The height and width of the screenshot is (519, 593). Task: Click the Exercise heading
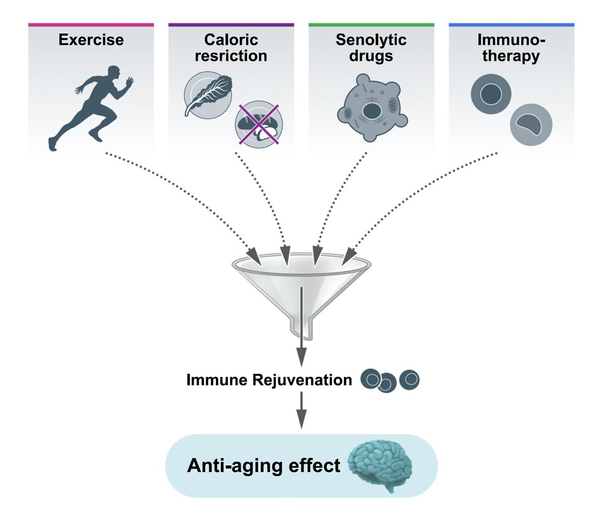(91, 40)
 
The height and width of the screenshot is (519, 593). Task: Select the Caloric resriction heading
(231, 47)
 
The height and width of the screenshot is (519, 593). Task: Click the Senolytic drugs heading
(371, 47)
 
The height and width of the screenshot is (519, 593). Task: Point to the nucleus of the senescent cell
(371, 111)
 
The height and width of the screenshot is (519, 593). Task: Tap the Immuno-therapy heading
(511, 47)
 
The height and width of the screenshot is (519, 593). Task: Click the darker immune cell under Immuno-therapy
(491, 93)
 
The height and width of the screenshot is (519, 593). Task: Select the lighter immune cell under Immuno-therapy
(531, 124)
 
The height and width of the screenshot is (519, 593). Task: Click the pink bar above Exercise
(91, 24)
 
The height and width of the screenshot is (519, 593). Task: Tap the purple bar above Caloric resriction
(231, 24)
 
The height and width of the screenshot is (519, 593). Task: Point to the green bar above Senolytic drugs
(371, 24)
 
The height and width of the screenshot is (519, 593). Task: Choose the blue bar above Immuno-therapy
(511, 24)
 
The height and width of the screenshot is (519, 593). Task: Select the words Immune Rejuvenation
(269, 380)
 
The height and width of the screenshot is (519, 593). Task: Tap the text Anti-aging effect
(263, 466)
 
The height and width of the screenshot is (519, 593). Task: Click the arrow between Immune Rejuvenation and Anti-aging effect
(301, 410)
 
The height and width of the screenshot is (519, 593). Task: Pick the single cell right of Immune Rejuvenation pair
(409, 380)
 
